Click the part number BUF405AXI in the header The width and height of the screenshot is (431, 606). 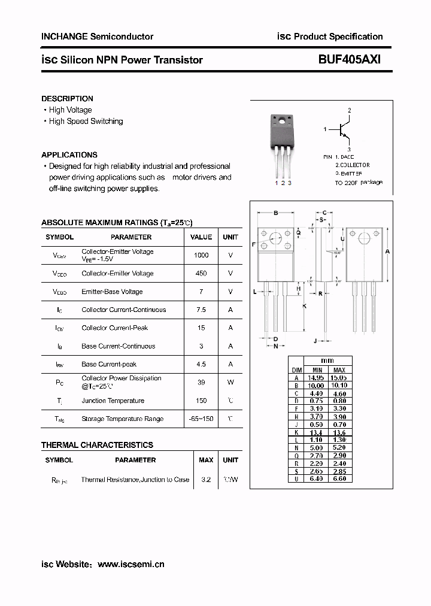click(x=350, y=59)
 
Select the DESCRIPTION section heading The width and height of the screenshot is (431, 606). click(x=67, y=98)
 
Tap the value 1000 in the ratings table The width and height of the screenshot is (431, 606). click(x=201, y=255)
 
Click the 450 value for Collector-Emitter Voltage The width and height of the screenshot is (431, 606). click(x=201, y=274)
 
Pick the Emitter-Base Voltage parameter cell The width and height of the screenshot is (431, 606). click(x=112, y=292)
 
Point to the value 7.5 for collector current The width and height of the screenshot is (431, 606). click(x=201, y=310)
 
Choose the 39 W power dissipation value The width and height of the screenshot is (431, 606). click(x=201, y=382)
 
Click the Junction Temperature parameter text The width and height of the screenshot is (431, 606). click(x=113, y=401)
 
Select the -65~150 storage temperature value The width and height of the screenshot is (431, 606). click(x=201, y=419)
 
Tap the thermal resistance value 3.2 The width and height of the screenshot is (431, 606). click(x=205, y=480)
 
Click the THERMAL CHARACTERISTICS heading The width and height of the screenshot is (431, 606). click(x=97, y=445)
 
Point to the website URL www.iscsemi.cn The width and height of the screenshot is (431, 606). click(x=130, y=564)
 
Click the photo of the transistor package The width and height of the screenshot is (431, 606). click(x=282, y=144)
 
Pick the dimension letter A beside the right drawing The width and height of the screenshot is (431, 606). click(x=387, y=252)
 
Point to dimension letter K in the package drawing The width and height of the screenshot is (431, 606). click(x=305, y=306)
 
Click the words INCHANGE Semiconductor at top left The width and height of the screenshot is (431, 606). click(x=97, y=37)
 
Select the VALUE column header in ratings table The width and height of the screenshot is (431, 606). click(x=201, y=237)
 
